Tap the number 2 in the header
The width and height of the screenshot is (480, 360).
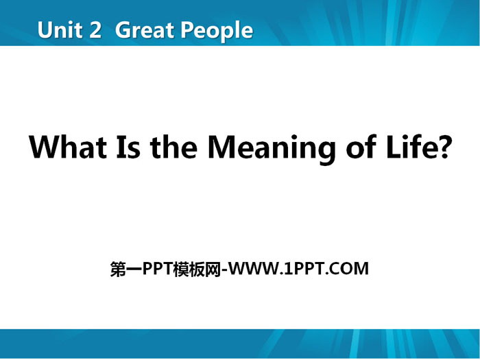click(x=95, y=30)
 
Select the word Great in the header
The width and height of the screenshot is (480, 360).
click(x=145, y=30)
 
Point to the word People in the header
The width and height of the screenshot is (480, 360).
click(x=217, y=32)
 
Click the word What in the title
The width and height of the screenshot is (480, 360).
click(x=68, y=147)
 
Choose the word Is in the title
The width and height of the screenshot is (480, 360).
click(x=129, y=147)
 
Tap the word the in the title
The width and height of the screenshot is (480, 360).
click(x=173, y=147)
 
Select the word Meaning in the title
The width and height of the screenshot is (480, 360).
click(x=272, y=150)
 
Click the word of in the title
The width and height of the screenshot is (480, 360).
click(x=361, y=147)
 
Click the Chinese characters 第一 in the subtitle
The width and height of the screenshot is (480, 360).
click(x=126, y=269)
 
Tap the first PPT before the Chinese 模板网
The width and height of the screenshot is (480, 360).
click(x=158, y=269)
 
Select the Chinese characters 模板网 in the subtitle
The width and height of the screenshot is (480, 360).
click(x=197, y=269)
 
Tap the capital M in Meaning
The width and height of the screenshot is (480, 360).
click(x=221, y=147)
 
